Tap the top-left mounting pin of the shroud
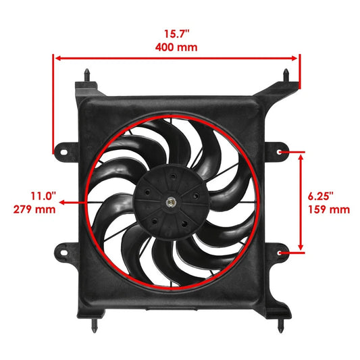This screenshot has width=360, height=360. [88, 72]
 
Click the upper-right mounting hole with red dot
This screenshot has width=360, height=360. [281, 152]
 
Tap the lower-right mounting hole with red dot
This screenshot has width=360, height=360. [281, 253]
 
